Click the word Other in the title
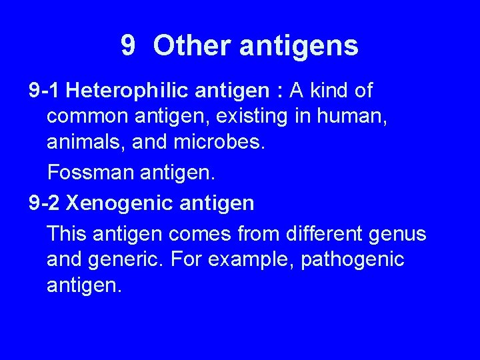(191, 46)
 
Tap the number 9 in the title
(129, 46)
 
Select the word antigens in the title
(298, 46)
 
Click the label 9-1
(45, 90)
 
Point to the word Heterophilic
(127, 90)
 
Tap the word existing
(246, 117)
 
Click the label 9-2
(45, 202)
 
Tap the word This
(67, 234)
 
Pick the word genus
(401, 234)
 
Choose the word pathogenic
(353, 259)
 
